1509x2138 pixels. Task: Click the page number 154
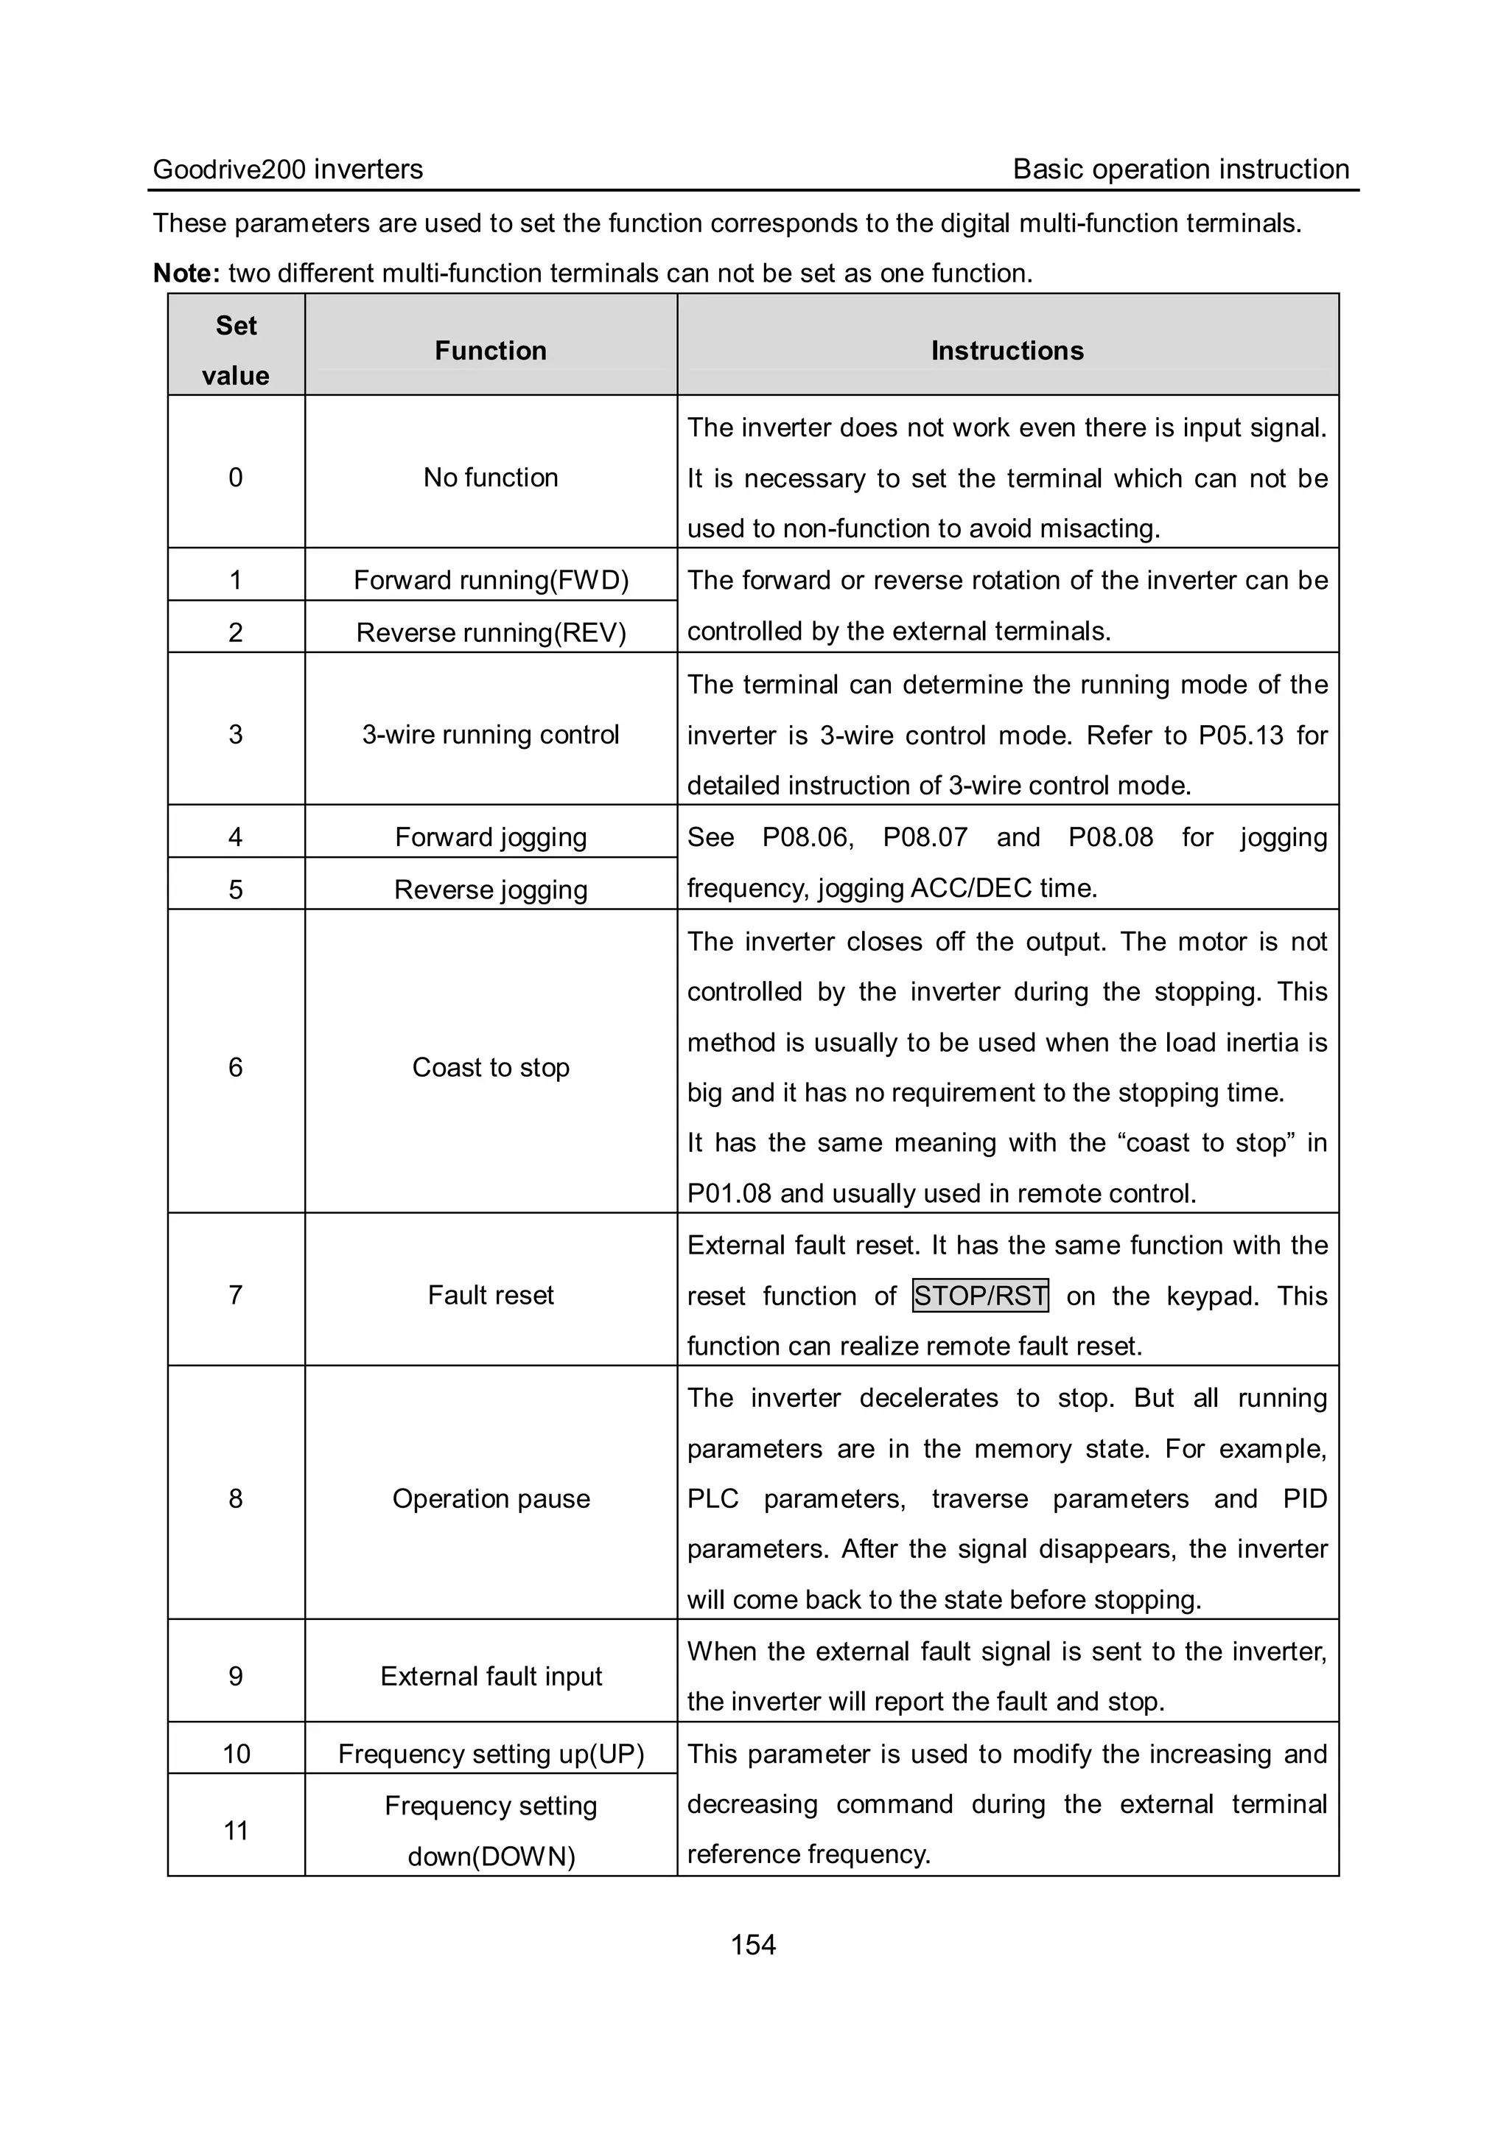(x=752, y=1944)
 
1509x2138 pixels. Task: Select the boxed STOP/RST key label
(x=980, y=1296)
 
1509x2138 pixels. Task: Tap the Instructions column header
(x=1007, y=350)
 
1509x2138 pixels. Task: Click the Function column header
(x=491, y=350)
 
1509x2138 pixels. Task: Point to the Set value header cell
(x=236, y=350)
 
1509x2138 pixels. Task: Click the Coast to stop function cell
(x=491, y=1067)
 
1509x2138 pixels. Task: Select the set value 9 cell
(x=236, y=1676)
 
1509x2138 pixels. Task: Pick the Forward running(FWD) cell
(x=491, y=580)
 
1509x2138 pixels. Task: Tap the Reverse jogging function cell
(x=491, y=890)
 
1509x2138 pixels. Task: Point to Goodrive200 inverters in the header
(x=287, y=170)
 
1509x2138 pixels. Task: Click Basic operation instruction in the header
(x=1180, y=170)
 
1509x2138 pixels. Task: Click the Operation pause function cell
(x=491, y=1498)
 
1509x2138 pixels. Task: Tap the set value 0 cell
(x=236, y=477)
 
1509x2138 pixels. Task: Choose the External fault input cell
(x=491, y=1676)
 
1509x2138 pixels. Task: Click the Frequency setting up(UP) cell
(x=491, y=1753)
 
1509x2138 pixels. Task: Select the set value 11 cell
(x=236, y=1831)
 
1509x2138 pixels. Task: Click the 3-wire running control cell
(x=491, y=735)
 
